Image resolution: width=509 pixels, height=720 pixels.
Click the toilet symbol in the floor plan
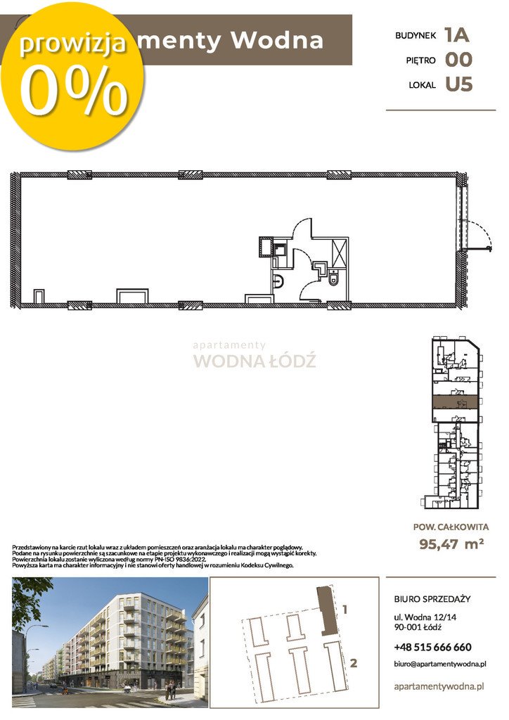(333, 280)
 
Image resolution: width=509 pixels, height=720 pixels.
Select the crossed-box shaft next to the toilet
(338, 251)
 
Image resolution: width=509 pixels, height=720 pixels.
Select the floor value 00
(458, 60)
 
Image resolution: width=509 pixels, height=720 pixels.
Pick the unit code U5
(458, 85)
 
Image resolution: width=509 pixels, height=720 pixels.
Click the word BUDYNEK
(416, 34)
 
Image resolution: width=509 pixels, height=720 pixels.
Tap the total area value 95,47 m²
(452, 543)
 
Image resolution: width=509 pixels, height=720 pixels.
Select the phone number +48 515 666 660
(432, 647)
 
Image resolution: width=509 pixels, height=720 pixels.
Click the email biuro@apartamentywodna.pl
(441, 664)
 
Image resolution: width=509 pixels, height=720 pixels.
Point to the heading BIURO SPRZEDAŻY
(432, 599)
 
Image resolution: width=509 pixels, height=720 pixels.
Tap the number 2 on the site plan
(354, 662)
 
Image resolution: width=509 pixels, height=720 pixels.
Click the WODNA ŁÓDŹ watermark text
(254, 361)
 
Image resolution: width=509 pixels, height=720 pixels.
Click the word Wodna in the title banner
(277, 41)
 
